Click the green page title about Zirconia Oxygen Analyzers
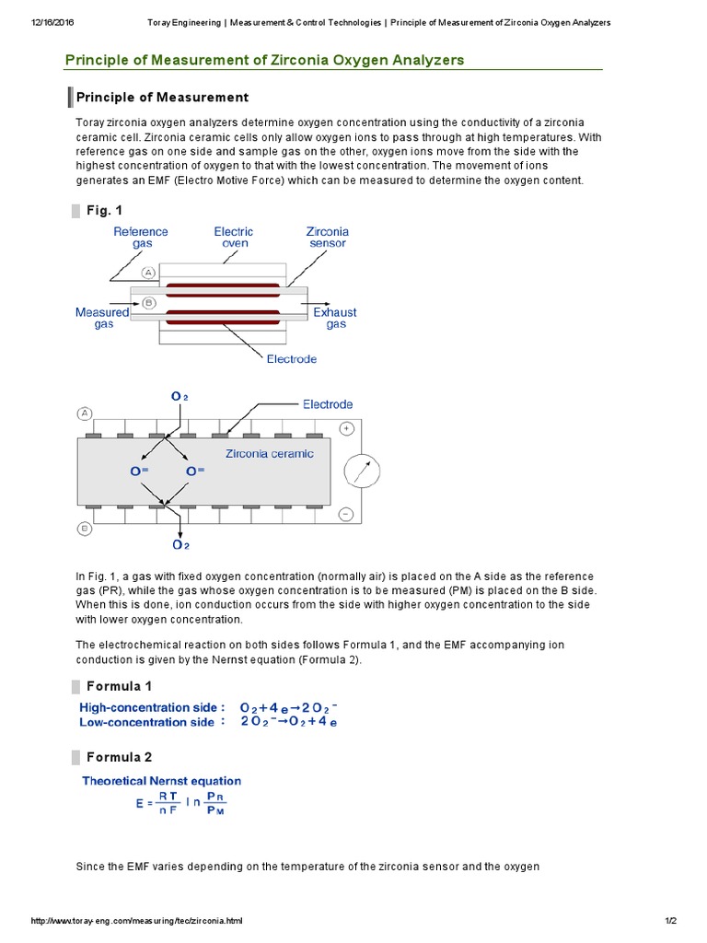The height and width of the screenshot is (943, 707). (x=264, y=60)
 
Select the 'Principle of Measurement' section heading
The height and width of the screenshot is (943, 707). (x=162, y=97)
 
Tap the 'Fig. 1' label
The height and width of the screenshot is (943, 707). (x=104, y=211)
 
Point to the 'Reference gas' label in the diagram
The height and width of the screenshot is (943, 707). (x=141, y=238)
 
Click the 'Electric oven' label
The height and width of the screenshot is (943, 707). (x=233, y=238)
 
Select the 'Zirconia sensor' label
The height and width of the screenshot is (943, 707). (x=327, y=238)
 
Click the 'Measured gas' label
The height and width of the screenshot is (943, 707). (x=102, y=319)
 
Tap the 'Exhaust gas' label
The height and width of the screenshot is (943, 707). (x=335, y=319)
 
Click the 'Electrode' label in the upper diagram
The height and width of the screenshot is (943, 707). (x=291, y=359)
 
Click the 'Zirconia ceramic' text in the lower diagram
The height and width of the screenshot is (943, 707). (x=270, y=453)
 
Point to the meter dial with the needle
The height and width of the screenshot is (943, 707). (x=361, y=472)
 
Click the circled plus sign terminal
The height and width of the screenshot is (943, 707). (x=347, y=428)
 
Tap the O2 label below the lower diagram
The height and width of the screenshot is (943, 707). (x=179, y=545)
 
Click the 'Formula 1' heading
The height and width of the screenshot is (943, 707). (x=119, y=686)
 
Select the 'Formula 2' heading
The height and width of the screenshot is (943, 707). (x=119, y=757)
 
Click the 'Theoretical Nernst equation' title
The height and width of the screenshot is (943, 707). (x=161, y=781)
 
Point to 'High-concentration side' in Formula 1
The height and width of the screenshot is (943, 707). (x=152, y=707)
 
